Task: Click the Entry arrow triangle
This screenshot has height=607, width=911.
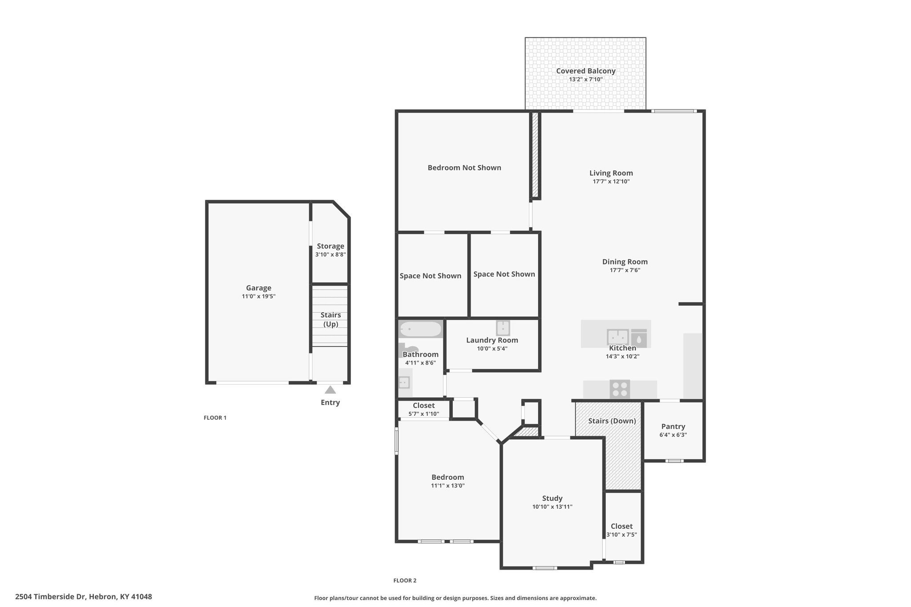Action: coord(330,390)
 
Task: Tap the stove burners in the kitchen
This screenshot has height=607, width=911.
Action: coord(620,389)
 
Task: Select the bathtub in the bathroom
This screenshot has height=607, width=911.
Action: coord(420,330)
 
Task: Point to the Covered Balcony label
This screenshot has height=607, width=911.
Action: coord(586,71)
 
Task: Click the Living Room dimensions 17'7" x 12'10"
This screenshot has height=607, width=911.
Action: coord(611,181)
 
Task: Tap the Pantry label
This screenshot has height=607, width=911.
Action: coord(673,426)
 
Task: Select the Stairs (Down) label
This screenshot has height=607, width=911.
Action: coord(612,421)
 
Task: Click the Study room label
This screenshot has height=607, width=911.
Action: coord(552,498)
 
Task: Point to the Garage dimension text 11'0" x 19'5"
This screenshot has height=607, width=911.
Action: coord(259,296)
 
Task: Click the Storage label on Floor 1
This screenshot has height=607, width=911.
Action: coord(331,246)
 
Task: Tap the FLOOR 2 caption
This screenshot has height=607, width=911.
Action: coord(405,580)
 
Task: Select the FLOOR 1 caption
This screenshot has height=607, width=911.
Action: coord(215,418)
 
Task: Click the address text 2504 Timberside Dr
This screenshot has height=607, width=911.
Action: coord(51,596)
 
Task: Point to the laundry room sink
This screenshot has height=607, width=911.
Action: coord(503,328)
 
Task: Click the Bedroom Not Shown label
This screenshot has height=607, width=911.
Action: coord(464,168)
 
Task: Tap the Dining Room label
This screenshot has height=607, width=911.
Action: coord(625,262)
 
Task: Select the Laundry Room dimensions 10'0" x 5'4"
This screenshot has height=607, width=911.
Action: coord(492,349)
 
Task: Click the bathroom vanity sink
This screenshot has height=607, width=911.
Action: coord(404,382)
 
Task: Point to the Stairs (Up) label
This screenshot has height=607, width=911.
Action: coord(331,320)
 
